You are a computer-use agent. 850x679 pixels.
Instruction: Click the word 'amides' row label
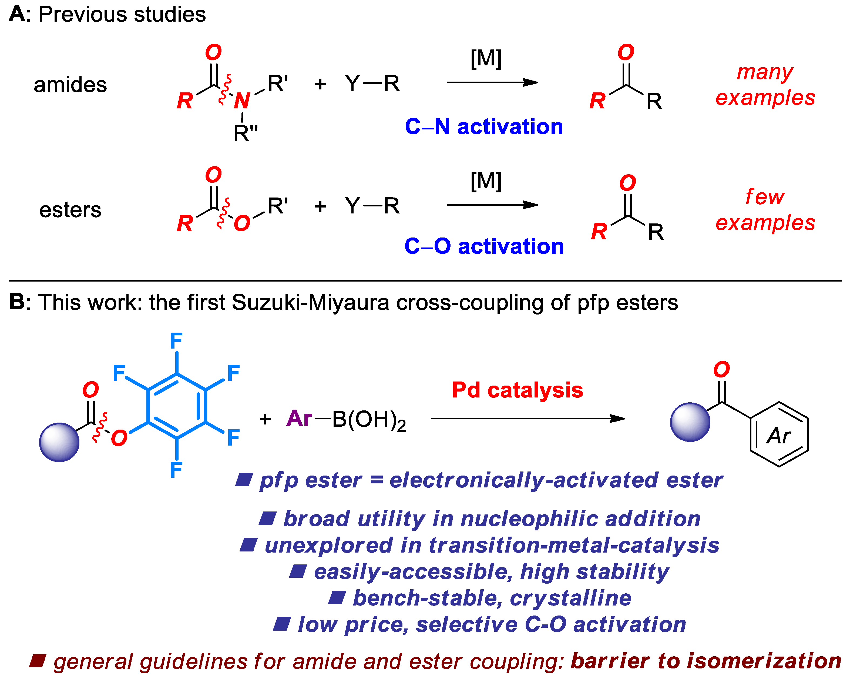(70, 85)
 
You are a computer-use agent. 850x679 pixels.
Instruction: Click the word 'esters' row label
(70, 210)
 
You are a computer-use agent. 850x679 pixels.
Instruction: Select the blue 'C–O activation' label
(484, 246)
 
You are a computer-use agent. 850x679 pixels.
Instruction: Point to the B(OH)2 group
(369, 420)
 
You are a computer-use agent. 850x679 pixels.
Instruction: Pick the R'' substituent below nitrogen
(245, 133)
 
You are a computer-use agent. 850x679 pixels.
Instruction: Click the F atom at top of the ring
(176, 341)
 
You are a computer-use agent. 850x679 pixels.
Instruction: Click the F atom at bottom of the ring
(176, 470)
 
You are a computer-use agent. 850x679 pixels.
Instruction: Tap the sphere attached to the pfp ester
(59, 442)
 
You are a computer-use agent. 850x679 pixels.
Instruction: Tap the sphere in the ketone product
(690, 422)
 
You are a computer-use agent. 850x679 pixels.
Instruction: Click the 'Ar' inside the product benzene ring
(779, 436)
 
